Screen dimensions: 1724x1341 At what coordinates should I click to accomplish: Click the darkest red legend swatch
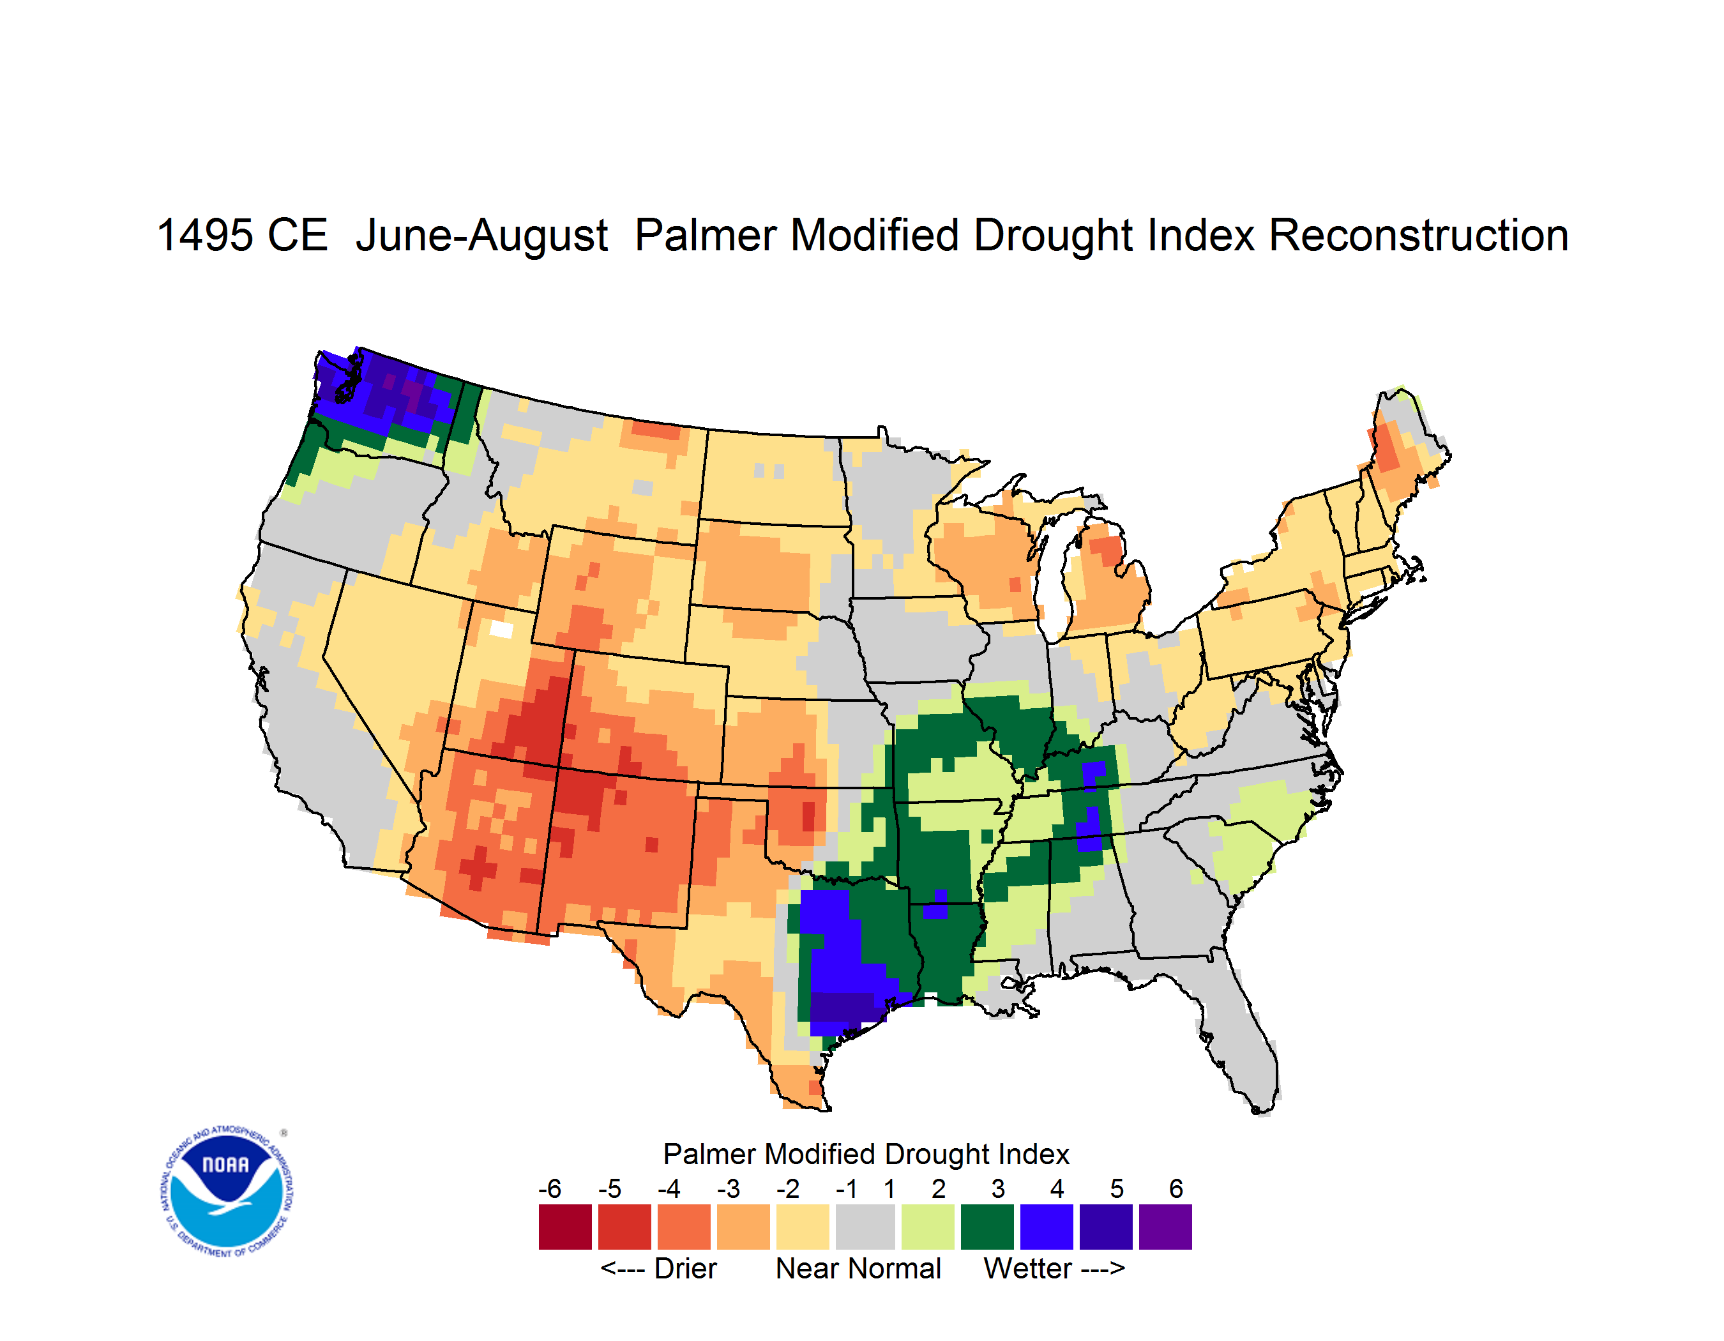click(x=565, y=1226)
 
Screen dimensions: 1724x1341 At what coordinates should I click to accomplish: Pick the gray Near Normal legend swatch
click(x=865, y=1226)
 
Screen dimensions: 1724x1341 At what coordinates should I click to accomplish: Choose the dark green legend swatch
click(x=987, y=1226)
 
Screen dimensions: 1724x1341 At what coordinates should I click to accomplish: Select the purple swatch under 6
click(x=1165, y=1226)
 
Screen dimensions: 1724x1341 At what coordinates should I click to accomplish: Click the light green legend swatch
click(x=928, y=1226)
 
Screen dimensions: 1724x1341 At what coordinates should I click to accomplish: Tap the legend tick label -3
click(x=728, y=1188)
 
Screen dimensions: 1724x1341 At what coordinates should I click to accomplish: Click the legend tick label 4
click(x=1057, y=1188)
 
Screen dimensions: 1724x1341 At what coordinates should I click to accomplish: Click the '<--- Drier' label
click(x=658, y=1268)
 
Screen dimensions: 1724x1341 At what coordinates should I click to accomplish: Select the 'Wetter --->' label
click(x=1054, y=1268)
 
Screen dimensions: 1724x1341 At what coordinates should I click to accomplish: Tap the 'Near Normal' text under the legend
click(x=858, y=1268)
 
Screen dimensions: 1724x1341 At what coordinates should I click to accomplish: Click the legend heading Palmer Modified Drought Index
click(x=866, y=1154)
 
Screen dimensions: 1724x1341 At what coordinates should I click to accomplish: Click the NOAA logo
click(x=227, y=1192)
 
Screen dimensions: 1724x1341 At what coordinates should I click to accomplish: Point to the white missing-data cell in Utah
click(x=501, y=629)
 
